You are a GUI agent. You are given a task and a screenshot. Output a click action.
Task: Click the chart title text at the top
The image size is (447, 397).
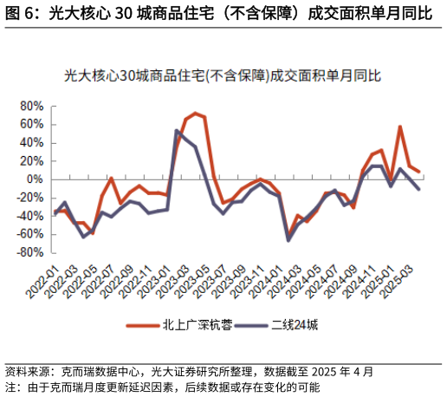[223, 76]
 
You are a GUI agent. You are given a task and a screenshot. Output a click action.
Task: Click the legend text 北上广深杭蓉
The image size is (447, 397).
[197, 325]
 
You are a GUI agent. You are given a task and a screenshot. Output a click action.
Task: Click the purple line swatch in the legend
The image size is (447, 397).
[250, 325]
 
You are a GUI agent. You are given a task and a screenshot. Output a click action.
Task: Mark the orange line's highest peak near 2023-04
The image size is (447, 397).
[196, 114]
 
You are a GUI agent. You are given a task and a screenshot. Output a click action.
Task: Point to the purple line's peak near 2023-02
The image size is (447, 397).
[177, 131]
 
